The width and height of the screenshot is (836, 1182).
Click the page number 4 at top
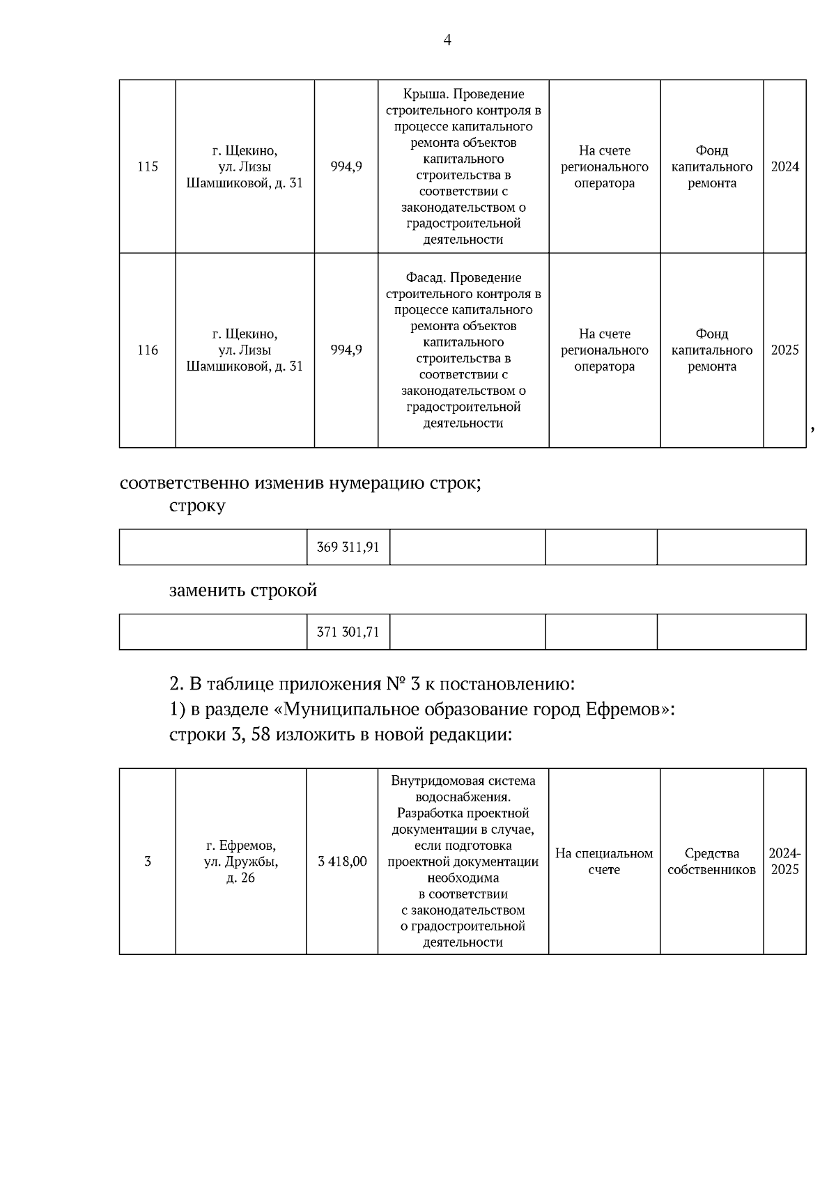(447, 40)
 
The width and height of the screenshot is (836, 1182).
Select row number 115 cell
(148, 166)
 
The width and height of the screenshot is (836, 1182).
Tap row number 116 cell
(148, 350)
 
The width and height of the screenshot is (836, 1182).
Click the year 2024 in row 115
(784, 166)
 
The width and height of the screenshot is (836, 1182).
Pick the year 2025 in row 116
(784, 350)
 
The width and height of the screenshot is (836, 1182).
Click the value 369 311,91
(348, 547)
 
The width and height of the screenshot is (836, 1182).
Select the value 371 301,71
(348, 632)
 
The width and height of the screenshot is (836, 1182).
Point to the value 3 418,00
(342, 862)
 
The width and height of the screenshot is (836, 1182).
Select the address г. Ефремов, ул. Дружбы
(241, 862)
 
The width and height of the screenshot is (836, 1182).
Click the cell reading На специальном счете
(604, 862)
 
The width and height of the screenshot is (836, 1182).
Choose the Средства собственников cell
(711, 862)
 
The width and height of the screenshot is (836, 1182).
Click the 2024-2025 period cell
(784, 862)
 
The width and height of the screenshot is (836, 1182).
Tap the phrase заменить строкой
(243, 591)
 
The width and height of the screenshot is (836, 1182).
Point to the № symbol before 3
(396, 683)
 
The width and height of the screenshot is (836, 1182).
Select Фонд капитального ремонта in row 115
(711, 166)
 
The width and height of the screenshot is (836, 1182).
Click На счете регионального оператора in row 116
(604, 350)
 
